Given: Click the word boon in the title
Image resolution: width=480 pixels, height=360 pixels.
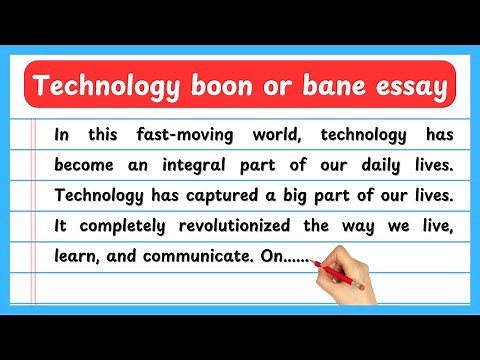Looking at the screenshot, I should [227, 88].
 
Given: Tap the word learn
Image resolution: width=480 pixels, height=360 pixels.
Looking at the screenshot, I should [76, 255].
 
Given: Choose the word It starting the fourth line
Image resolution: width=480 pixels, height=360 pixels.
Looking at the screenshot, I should [61, 225].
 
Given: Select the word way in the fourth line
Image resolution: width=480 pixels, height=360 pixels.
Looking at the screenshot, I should [375, 225].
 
